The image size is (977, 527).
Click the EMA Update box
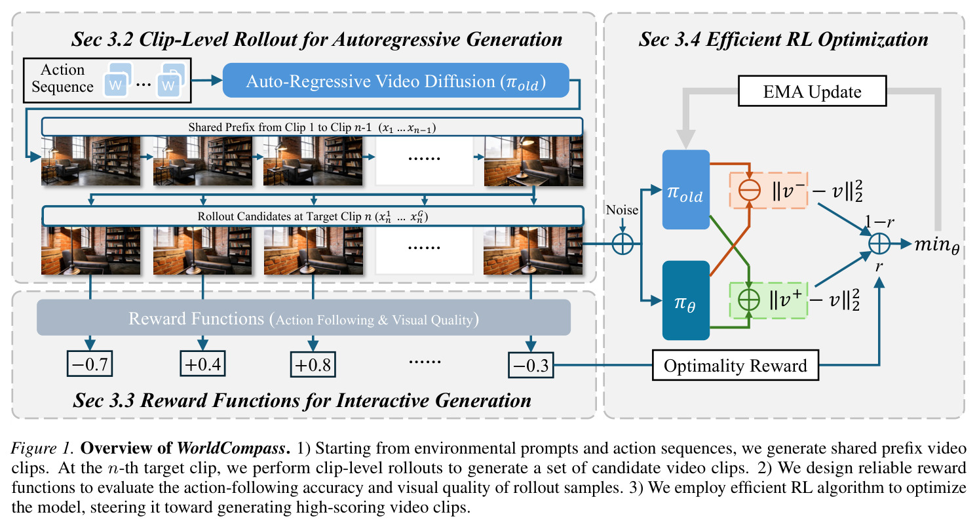coord(812,91)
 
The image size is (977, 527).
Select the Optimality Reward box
coord(735,365)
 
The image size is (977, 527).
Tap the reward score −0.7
coord(90,364)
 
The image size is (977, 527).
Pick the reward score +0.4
coord(203,364)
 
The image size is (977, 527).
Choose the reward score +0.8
coord(313,364)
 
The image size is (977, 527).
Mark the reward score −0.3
coord(531,365)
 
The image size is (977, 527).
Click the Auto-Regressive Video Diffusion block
coord(396,81)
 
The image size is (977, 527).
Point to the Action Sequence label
coord(62,78)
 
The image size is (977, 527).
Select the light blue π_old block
coord(685,189)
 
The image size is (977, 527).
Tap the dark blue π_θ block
coord(685,300)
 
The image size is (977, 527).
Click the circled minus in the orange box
coord(750,190)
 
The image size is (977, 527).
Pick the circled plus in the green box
coord(749,300)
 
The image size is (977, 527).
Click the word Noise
coord(622,210)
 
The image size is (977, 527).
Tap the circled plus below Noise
coord(623,243)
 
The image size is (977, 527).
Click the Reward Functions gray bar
coord(303,318)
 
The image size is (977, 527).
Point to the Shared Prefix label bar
coord(313,127)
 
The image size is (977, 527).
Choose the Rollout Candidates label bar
coord(313,216)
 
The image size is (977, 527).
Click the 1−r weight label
coord(879,222)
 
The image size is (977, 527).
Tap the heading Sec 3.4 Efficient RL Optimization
coord(783,39)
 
